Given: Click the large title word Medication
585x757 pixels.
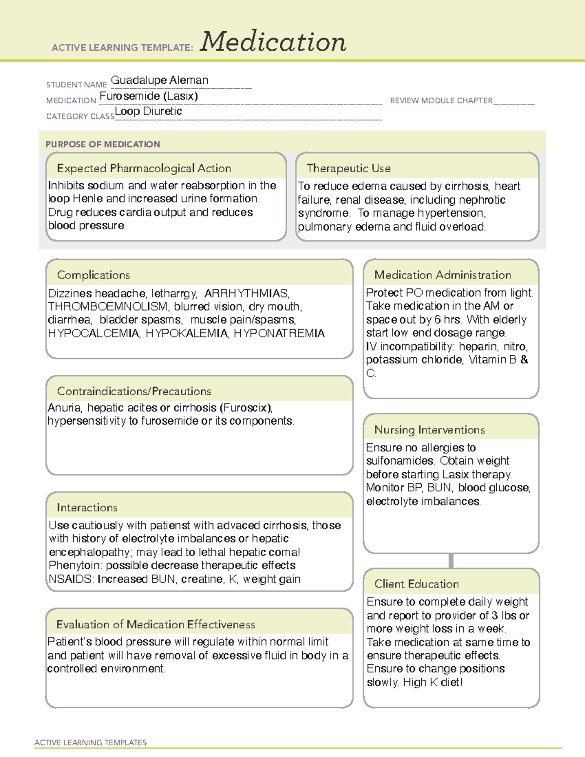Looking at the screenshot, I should tap(273, 42).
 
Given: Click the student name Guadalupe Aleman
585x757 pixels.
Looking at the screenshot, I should tap(159, 80).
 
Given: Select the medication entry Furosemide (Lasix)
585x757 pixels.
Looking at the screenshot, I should tap(149, 96).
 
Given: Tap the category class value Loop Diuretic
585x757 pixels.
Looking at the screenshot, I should tap(148, 112).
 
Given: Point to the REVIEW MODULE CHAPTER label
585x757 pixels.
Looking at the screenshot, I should tap(441, 100).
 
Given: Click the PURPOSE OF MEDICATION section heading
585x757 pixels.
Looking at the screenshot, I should tap(103, 144).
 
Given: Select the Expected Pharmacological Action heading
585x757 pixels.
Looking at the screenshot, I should tap(144, 168).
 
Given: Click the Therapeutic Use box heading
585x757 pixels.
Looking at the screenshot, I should tap(349, 168).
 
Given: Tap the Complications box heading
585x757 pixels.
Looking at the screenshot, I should tap(94, 275).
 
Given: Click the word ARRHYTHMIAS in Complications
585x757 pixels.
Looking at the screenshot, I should tap(247, 293).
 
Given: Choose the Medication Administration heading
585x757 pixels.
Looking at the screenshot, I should tap(443, 275).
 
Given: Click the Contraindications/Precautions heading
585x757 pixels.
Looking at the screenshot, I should tap(134, 391).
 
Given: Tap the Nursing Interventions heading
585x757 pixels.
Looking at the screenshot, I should tap(429, 430).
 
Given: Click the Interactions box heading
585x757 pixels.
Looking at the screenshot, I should tap(87, 508).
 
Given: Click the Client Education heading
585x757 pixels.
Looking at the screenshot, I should tap(416, 584).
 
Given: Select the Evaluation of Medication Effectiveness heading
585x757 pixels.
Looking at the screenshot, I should tap(156, 624).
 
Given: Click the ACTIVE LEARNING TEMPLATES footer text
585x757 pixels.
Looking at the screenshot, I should tap(91, 742).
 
